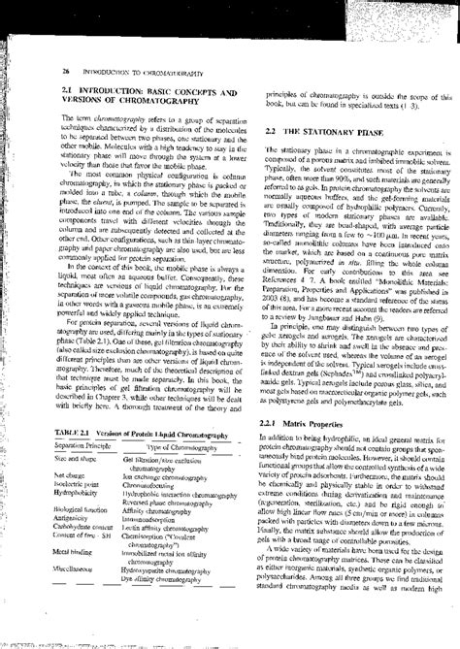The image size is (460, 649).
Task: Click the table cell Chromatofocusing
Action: [155, 513]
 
